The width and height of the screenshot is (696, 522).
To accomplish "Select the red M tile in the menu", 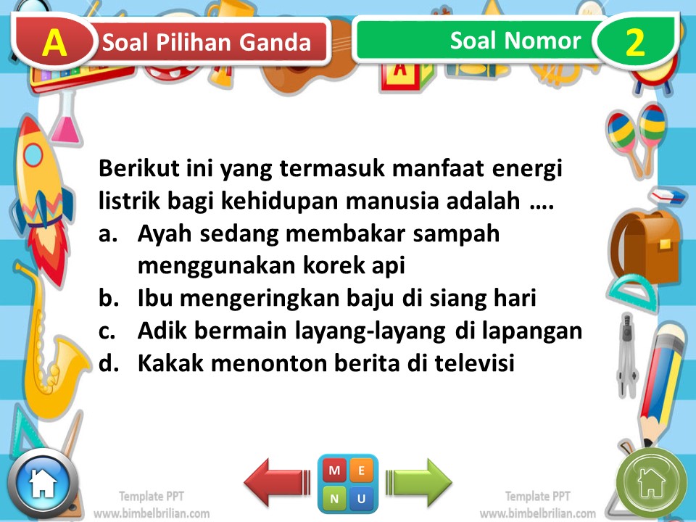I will coord(333,471).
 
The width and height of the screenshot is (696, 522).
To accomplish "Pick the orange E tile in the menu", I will coord(362,471).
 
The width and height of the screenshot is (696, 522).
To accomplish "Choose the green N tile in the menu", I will coord(333,498).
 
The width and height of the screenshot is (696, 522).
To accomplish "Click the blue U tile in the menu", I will coord(362,498).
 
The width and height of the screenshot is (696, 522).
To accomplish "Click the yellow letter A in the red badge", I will coord(54,43).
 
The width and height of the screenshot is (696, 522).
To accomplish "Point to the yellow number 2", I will coord(634,43).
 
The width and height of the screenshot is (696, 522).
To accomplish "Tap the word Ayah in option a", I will coord(161,234).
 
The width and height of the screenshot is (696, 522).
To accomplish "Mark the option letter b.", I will coord(107,298).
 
